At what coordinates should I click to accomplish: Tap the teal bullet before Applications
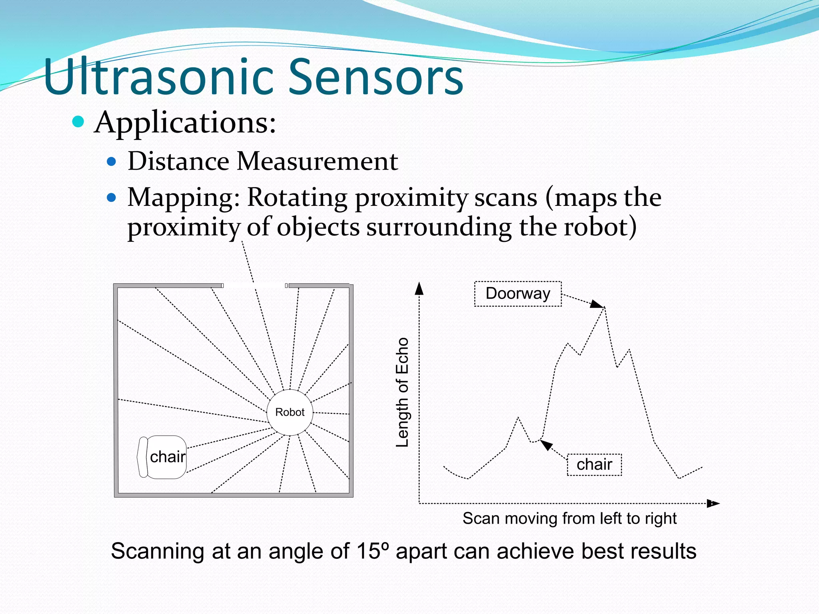(78, 122)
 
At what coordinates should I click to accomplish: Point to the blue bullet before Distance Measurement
(112, 162)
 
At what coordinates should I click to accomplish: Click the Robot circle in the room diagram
(290, 412)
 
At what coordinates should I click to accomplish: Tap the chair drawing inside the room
(162, 457)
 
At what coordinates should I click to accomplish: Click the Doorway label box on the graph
(518, 294)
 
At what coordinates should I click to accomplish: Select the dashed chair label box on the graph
(594, 464)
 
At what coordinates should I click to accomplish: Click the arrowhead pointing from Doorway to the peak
(597, 304)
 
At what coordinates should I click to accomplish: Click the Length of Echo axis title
(402, 392)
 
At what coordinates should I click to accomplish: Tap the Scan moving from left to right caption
(569, 518)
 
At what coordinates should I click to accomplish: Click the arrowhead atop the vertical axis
(419, 288)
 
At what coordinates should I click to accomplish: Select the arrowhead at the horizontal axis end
(713, 503)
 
